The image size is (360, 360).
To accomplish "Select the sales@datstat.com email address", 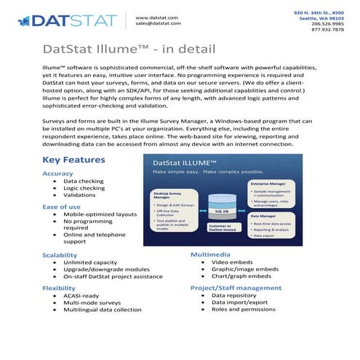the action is [x=158, y=23].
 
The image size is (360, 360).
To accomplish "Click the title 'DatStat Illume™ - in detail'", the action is [x=129, y=49].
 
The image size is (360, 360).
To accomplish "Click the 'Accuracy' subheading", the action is [x=58, y=174].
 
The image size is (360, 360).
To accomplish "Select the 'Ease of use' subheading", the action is [x=61, y=207].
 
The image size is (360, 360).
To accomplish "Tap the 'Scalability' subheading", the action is [x=60, y=255].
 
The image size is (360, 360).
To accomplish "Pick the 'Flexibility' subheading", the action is [x=59, y=288].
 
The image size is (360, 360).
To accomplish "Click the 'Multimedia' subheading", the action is [x=212, y=255].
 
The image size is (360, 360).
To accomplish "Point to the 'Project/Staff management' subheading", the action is [x=236, y=288].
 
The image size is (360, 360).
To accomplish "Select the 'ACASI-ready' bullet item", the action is [x=81, y=297].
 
